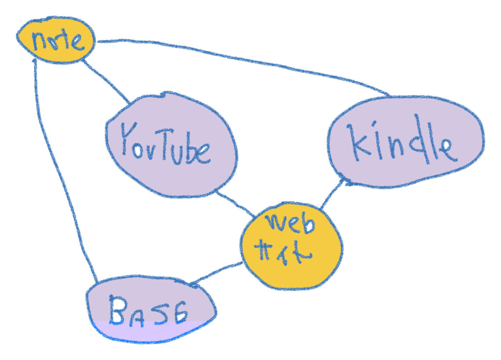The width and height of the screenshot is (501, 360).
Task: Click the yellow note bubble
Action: [56, 40]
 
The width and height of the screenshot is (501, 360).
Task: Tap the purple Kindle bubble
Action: [406, 141]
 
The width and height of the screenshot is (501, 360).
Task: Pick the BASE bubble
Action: [151, 309]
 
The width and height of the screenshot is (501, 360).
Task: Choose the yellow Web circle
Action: [291, 246]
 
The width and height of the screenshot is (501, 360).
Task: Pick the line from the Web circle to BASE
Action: [217, 274]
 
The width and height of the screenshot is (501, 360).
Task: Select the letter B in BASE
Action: [117, 309]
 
